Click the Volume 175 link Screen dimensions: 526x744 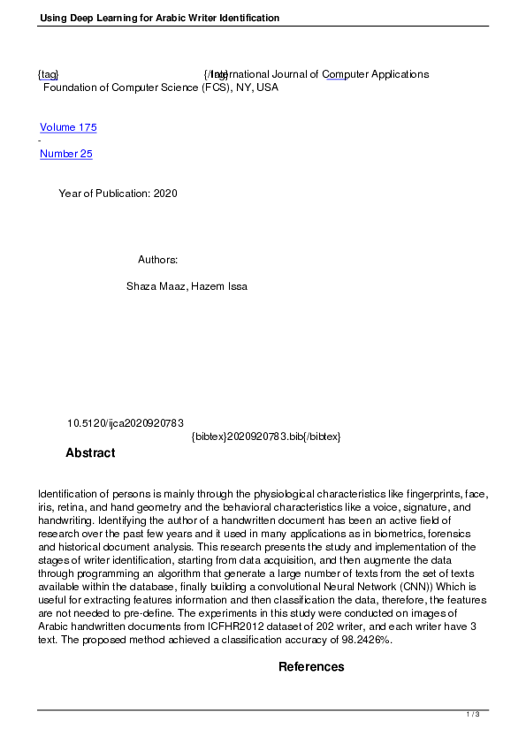point(68,127)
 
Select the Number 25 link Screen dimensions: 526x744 point(66,154)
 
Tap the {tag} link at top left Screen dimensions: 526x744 point(48,74)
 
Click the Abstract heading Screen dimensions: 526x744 point(90,453)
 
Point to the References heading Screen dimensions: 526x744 point(311,666)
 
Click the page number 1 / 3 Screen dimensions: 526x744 point(473,714)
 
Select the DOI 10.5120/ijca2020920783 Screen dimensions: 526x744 point(125,423)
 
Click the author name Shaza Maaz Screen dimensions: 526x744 point(156,286)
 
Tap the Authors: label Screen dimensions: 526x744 point(158,260)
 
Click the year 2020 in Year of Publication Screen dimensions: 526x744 point(165,194)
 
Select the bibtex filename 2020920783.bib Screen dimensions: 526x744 point(263,437)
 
